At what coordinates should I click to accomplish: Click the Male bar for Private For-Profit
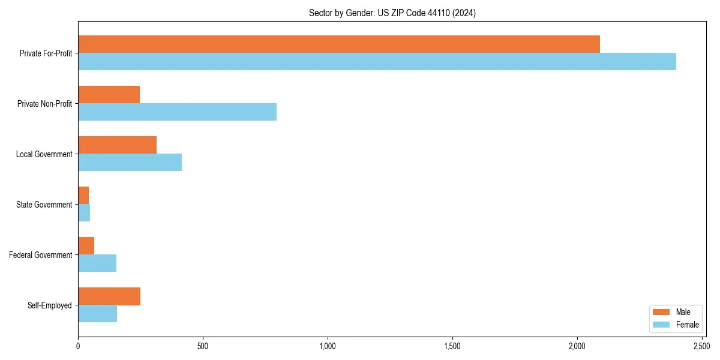point(339,44)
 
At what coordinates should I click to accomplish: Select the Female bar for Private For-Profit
point(377,61)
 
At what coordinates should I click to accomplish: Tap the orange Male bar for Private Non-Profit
point(109,94)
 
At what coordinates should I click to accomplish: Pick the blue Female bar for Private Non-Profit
point(177,112)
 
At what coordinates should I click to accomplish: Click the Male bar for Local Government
point(117,145)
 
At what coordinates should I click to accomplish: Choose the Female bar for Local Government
point(130,162)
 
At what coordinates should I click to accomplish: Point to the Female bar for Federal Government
point(97,263)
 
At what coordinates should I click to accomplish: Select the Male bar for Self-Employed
point(109,296)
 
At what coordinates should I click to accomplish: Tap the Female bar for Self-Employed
point(97,313)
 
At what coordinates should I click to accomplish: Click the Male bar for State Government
point(83,195)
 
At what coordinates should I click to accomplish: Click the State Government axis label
point(44,205)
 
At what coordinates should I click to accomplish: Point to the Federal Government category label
point(41,255)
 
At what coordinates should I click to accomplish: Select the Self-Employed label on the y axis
point(50,305)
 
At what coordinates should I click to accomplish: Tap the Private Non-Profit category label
point(46,104)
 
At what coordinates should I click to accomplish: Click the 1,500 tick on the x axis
point(452,347)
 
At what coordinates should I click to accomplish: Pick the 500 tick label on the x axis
point(203,347)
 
